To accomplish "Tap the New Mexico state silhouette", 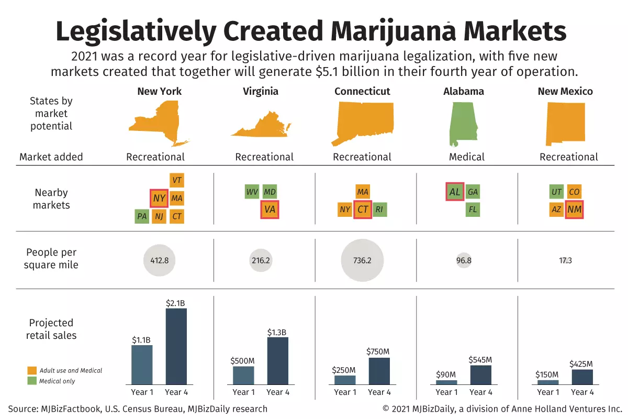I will [565, 123].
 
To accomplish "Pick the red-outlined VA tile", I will [270, 210].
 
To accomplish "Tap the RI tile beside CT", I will [379, 210].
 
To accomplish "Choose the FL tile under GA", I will [473, 210].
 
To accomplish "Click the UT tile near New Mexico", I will [556, 192].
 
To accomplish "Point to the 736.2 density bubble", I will [362, 260].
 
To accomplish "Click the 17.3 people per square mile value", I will [565, 260].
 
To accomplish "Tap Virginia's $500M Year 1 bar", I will [243, 376].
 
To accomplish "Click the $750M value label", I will [379, 351].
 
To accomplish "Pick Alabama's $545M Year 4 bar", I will [480, 375].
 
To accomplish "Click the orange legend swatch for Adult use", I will [32, 371].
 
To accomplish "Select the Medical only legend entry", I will [52, 381].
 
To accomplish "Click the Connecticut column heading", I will [362, 92].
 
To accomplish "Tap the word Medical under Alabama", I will [467, 157].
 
